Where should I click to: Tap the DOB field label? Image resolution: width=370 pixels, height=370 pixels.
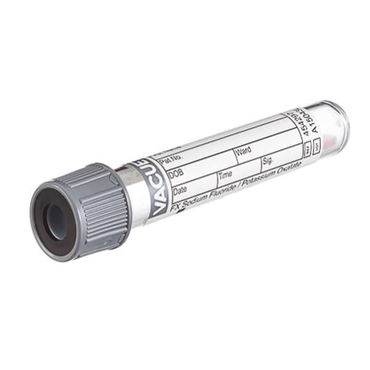(176, 175)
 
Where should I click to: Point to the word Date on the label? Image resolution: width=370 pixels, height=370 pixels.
(181, 191)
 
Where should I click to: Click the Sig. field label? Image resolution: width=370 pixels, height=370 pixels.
(268, 160)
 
